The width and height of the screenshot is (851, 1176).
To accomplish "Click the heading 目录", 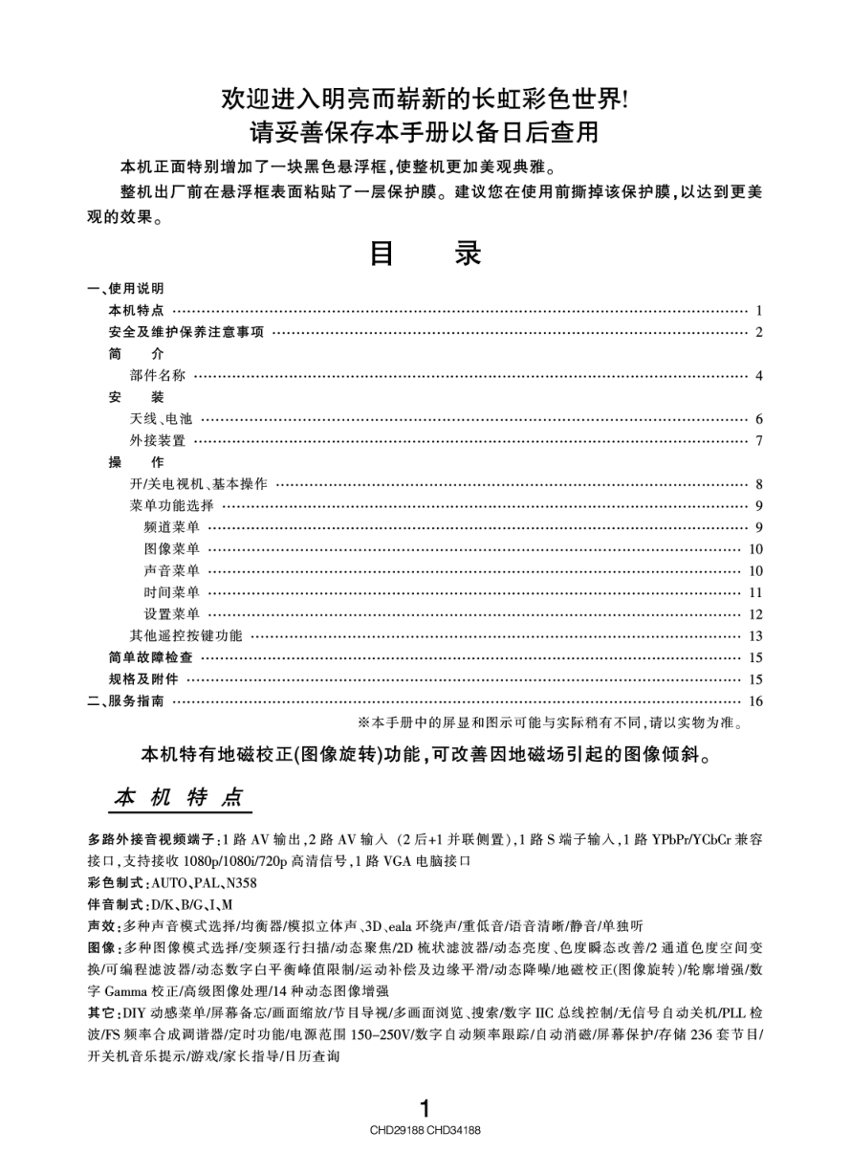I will click(425, 254).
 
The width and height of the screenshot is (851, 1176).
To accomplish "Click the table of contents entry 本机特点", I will click(137, 310).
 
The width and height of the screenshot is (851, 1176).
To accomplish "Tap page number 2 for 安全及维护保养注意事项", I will click(758, 332).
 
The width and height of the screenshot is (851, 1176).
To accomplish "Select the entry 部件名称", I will click(158, 375).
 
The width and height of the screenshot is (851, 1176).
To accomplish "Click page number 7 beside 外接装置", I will click(758, 441).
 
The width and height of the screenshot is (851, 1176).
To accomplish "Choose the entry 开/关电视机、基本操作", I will click(199, 484).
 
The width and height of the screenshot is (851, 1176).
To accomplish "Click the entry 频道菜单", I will click(172, 527).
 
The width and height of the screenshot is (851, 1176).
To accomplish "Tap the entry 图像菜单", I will click(172, 549).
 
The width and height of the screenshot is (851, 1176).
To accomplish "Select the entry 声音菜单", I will click(172, 571).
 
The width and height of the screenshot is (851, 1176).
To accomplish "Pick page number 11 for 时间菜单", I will click(755, 592).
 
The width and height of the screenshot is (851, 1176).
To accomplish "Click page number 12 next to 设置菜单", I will click(755, 614).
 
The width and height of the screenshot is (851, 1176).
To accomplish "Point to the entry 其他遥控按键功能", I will click(186, 635).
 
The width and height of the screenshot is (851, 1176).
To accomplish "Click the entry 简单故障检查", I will click(151, 657).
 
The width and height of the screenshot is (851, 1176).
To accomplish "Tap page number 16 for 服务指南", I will click(755, 701).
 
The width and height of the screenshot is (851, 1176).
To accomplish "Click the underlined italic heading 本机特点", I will click(179, 797).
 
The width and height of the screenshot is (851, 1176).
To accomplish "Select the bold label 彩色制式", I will click(115, 882).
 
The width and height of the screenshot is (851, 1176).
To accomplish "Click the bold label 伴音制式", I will click(115, 904).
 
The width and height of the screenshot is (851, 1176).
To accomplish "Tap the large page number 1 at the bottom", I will click(425, 1107).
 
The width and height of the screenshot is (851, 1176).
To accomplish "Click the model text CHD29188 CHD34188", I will click(425, 1130).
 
